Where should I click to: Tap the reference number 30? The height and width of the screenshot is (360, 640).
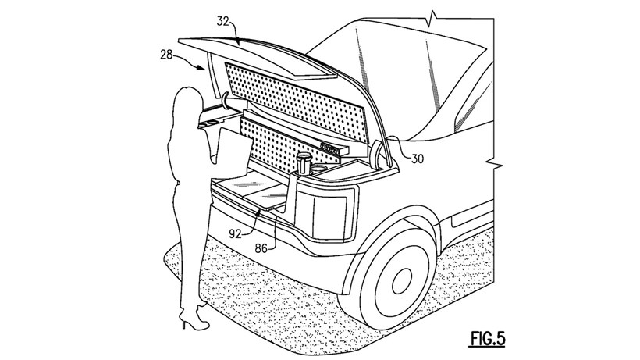click(x=418, y=159)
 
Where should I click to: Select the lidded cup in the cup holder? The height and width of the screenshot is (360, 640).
click(x=303, y=163)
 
